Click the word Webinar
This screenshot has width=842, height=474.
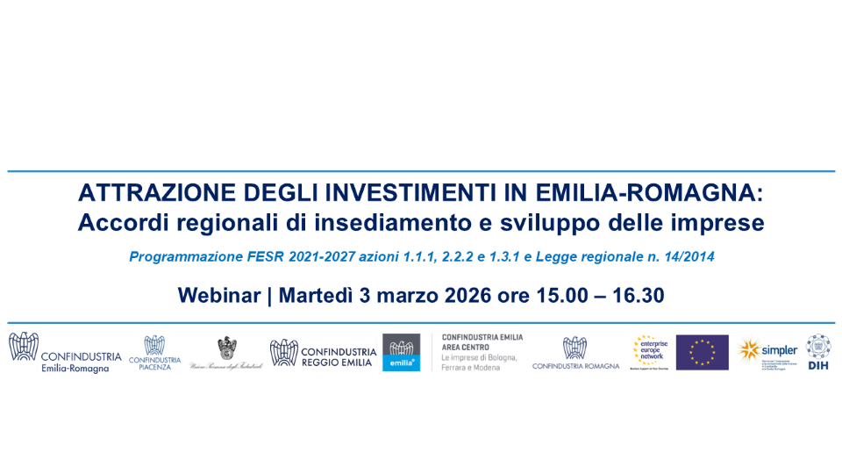point(221,295)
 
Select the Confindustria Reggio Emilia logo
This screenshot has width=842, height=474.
point(323,353)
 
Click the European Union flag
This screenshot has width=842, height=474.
point(702,352)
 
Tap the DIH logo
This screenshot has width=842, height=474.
point(818,351)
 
